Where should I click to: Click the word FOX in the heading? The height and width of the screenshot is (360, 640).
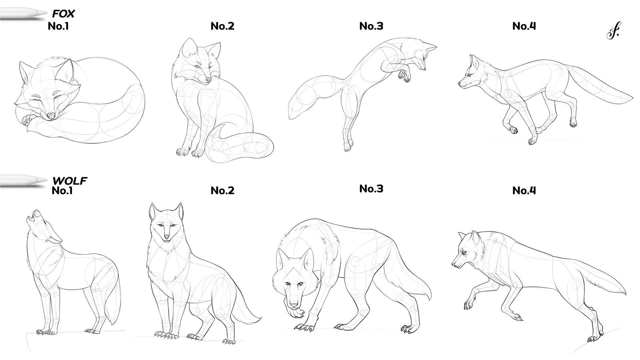[x=63, y=14]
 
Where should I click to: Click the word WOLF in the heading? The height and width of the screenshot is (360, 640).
[x=70, y=181]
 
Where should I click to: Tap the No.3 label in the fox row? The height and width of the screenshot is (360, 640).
[x=371, y=26]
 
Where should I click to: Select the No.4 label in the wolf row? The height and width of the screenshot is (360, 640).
[x=524, y=190]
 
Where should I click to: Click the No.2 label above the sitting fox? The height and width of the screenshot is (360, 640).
[x=222, y=26]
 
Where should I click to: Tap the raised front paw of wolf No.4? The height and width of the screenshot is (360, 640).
[x=467, y=305]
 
